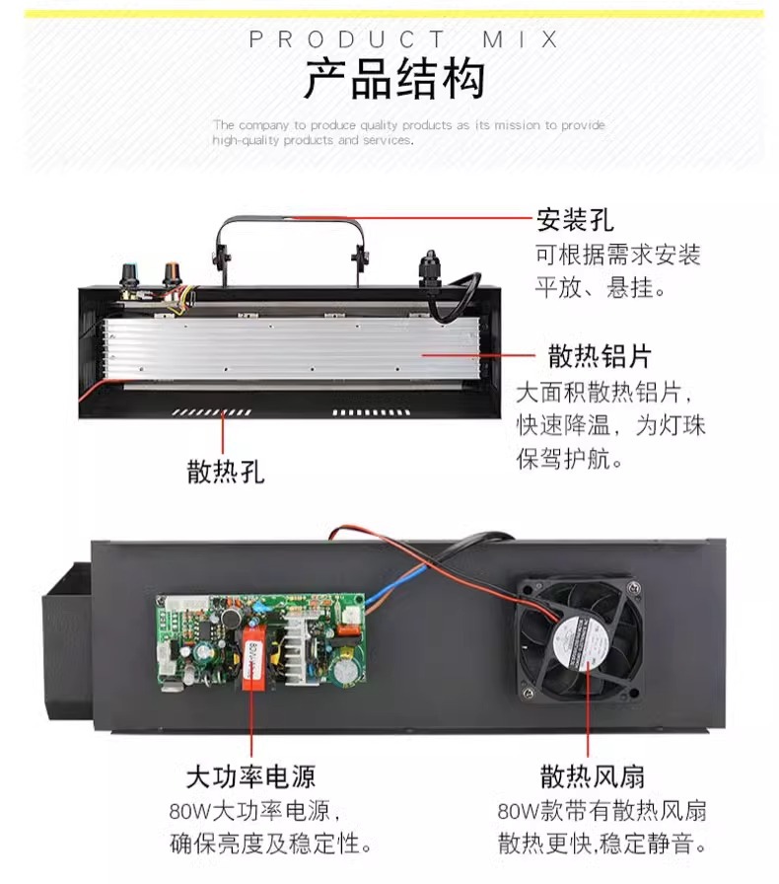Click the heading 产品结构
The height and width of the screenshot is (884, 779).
pos(394,79)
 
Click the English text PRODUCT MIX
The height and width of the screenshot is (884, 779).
pos(403,39)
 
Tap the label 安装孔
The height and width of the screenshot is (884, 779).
pos(574,219)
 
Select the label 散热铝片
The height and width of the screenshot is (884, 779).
pos(600,356)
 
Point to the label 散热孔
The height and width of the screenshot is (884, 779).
pos(226,472)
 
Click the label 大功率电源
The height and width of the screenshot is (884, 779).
pos(250,776)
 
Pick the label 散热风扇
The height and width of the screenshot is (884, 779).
pos(592,776)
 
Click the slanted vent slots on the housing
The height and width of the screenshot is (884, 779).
pos(211,412)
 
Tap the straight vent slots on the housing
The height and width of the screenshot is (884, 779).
pos(371,412)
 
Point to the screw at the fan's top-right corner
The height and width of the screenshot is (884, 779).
pos(635,587)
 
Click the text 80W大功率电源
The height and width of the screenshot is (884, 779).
pos(253,812)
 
